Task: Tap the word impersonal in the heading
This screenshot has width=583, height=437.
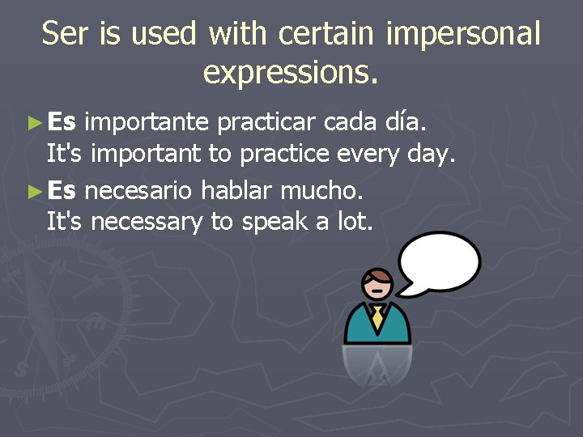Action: [463, 34]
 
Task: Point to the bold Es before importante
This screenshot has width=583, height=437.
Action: [62, 122]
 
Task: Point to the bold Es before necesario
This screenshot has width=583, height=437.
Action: [62, 191]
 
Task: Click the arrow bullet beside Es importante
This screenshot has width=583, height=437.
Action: [33, 123]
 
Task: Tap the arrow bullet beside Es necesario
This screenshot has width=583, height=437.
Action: [33, 192]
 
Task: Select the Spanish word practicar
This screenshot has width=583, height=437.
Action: [267, 122]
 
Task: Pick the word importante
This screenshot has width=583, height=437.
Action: [147, 123]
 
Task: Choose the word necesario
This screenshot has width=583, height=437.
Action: [138, 192]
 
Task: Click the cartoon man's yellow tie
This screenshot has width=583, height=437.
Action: [377, 317]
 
